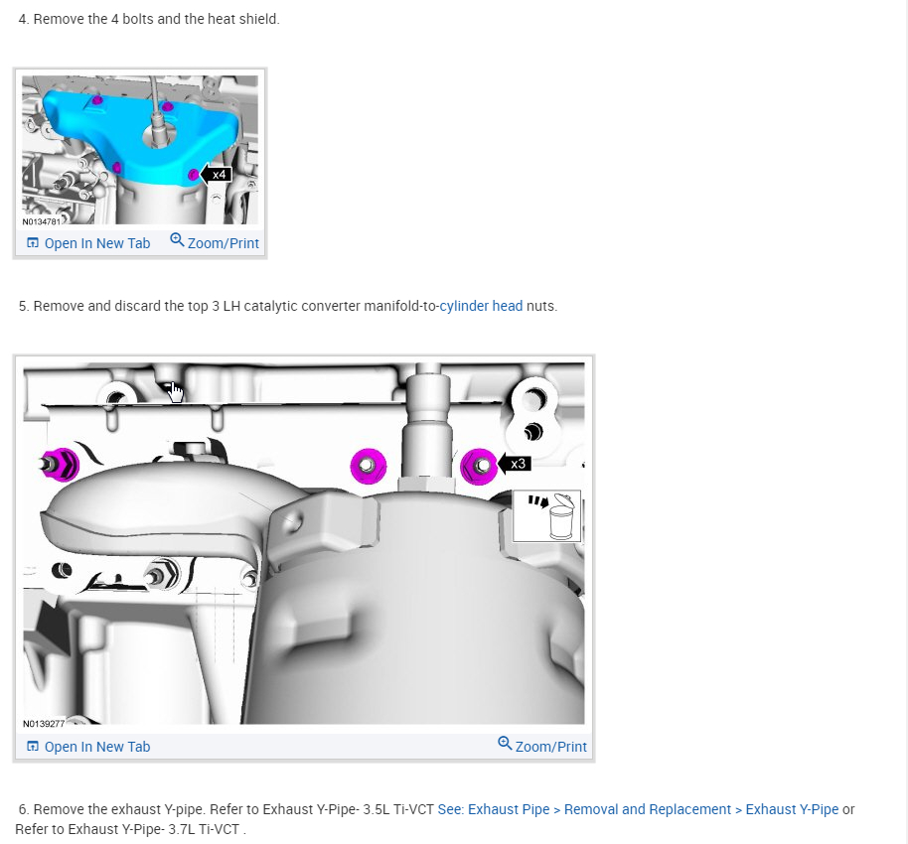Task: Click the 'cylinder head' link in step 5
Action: [481, 306]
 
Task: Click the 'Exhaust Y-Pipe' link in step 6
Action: [792, 809]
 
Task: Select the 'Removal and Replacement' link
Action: [647, 809]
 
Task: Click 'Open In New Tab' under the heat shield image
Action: [88, 243]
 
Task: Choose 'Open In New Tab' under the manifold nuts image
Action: [88, 747]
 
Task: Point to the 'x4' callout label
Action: [221, 175]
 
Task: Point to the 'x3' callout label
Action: [518, 464]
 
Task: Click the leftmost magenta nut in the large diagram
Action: [57, 461]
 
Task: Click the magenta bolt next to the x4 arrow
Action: [193, 176]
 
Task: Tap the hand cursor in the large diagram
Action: [176, 393]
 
